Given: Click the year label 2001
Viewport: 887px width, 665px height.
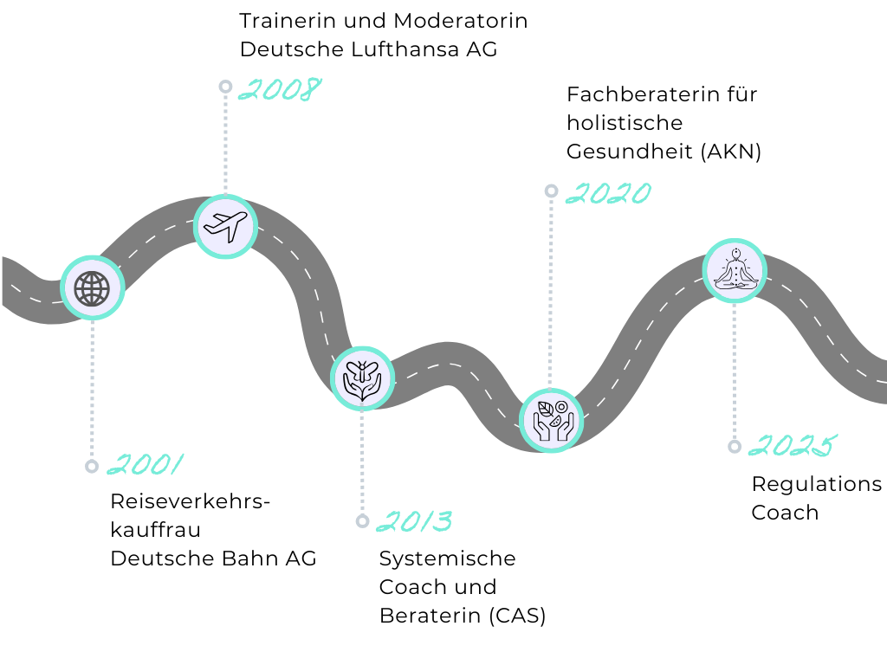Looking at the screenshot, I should tap(146, 465).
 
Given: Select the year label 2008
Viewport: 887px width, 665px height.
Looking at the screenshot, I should tap(279, 89).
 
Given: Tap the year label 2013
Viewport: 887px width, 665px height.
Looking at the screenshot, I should tap(414, 521).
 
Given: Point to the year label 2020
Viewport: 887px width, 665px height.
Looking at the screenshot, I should tap(608, 193).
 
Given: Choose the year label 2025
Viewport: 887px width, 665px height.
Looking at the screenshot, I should tap(791, 446).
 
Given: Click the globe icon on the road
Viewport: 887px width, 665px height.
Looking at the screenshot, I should tap(93, 288).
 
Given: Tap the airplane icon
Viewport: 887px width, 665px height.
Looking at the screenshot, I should tap(225, 227).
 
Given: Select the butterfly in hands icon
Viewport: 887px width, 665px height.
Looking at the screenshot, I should tap(362, 378).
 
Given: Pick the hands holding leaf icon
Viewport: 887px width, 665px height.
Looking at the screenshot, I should tap(551, 421).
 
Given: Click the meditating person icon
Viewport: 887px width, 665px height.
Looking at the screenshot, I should tap(735, 270).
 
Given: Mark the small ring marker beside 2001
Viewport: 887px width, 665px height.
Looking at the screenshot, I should tap(92, 467).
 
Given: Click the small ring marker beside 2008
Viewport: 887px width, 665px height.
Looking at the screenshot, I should tap(225, 87).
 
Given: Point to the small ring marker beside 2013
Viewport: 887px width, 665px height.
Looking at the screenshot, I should tap(362, 521).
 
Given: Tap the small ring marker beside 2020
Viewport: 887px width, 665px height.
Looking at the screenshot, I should tap(551, 191).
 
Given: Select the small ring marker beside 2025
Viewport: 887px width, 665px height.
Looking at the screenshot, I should tap(735, 447).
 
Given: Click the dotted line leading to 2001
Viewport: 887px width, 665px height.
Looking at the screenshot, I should tap(92, 390).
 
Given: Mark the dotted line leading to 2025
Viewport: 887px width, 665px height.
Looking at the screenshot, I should tap(735, 372).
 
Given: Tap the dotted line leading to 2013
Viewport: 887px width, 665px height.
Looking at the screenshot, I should tap(362, 463).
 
